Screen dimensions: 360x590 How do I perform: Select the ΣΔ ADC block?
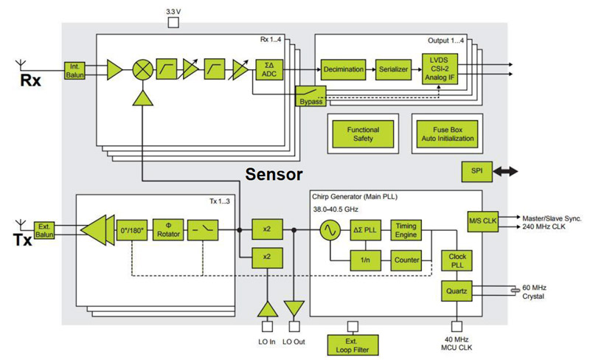click(x=268, y=69)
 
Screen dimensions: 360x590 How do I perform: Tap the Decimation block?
click(x=343, y=69)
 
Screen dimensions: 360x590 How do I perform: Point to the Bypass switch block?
click(x=311, y=96)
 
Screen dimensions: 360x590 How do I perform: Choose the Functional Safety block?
click(x=363, y=134)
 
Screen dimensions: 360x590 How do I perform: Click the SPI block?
click(x=476, y=172)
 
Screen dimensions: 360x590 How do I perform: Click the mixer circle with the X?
click(x=142, y=70)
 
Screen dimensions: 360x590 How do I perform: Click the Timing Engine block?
click(x=406, y=229)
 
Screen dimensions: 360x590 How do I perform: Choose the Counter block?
click(x=406, y=260)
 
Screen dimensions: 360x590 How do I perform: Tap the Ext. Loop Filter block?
click(x=352, y=344)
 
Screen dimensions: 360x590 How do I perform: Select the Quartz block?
click(x=456, y=291)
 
